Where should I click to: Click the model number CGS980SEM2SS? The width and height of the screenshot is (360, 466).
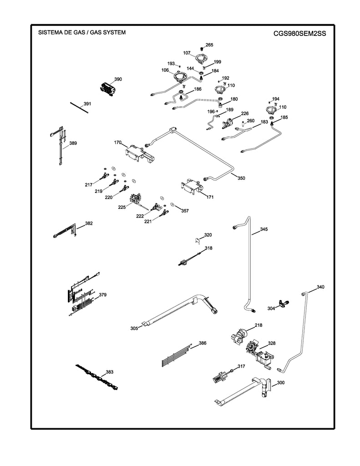point(300,33)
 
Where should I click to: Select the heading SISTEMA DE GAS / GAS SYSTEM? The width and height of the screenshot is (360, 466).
point(82,33)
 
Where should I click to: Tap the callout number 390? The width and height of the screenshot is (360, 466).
point(118,79)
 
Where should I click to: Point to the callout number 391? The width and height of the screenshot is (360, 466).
point(87,104)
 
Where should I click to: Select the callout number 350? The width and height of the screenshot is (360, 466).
point(241,178)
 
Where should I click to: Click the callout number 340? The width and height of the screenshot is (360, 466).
point(320,287)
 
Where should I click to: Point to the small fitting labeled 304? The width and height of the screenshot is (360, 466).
point(284,303)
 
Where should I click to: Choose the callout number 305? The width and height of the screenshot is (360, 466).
point(134,328)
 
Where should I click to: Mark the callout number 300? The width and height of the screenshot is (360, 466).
point(280,383)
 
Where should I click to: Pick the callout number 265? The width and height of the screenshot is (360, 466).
point(209,45)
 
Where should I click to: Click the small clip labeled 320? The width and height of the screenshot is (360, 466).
point(197,240)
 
